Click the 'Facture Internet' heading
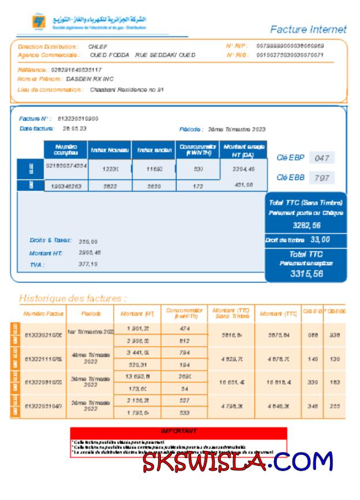click(308, 29)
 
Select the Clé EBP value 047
click(322, 157)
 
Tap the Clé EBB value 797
click(322, 178)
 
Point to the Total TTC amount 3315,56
click(306, 274)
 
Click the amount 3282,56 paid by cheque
click(306, 225)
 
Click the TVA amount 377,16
click(88, 264)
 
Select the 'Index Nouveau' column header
click(108, 151)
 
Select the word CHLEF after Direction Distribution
click(97, 46)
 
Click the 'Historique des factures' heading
click(73, 299)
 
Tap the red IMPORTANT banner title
click(178, 431)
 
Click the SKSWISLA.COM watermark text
click(238, 461)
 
